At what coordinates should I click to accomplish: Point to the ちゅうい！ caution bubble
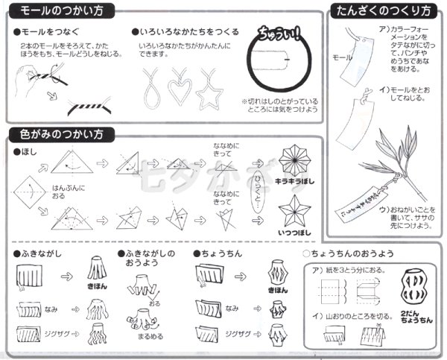click(x=276, y=34)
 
